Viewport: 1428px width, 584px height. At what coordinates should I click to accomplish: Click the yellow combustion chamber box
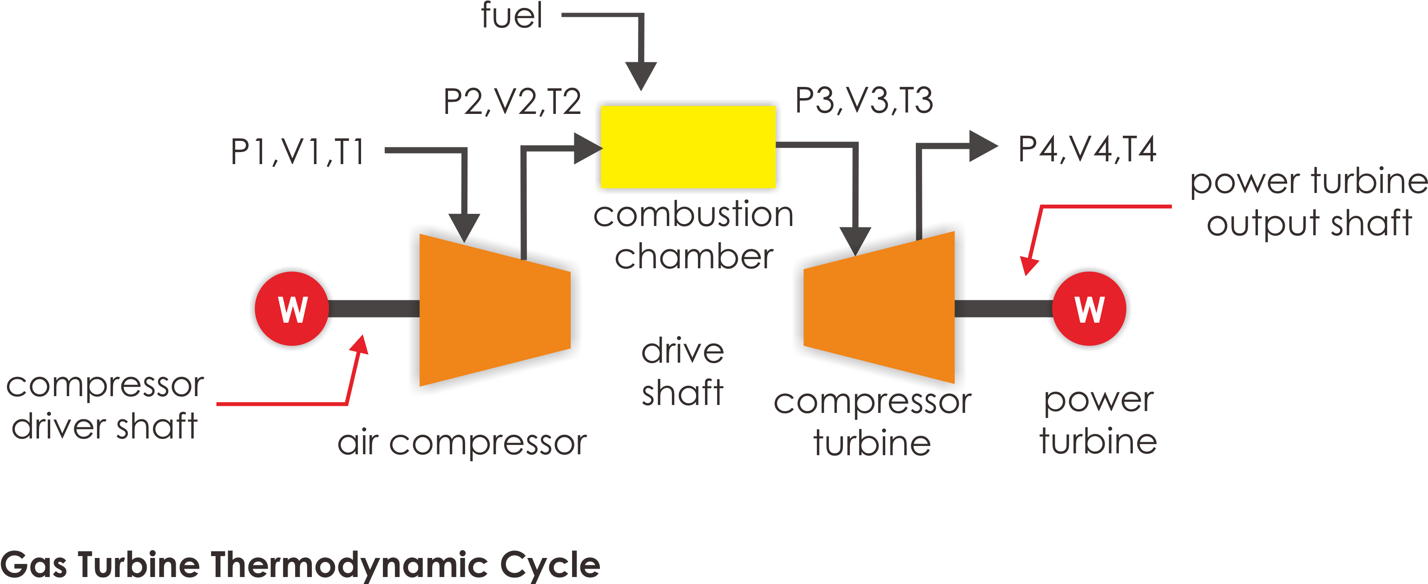tap(688, 147)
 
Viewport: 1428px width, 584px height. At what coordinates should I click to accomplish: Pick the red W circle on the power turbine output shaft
tap(1089, 308)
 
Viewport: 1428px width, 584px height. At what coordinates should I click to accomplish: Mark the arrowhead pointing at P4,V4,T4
tap(983, 146)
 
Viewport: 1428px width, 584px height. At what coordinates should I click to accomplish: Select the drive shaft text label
tap(683, 372)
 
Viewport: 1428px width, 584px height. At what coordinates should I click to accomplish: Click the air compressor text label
tap(462, 443)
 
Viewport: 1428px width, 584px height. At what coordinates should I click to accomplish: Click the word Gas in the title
tap(34, 564)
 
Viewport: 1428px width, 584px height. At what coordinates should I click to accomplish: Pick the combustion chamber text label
tap(693, 235)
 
